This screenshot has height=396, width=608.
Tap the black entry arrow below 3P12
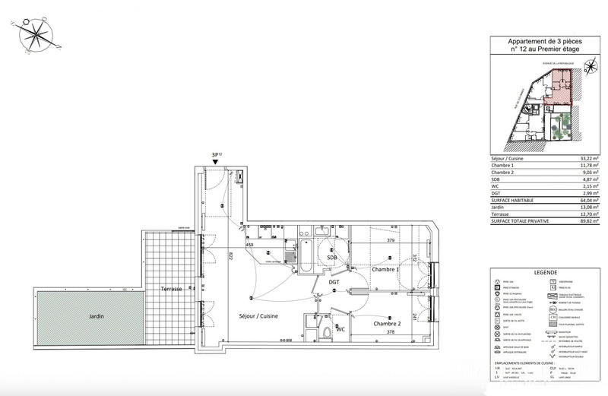point(217,161)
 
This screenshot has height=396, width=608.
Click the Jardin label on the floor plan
point(95,316)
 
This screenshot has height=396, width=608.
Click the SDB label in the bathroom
point(332,258)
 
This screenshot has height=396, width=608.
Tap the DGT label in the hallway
point(334,283)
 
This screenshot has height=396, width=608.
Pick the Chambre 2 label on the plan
point(387,324)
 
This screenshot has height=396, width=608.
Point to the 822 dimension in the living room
point(230,257)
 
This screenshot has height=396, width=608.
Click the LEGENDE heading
point(545,272)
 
